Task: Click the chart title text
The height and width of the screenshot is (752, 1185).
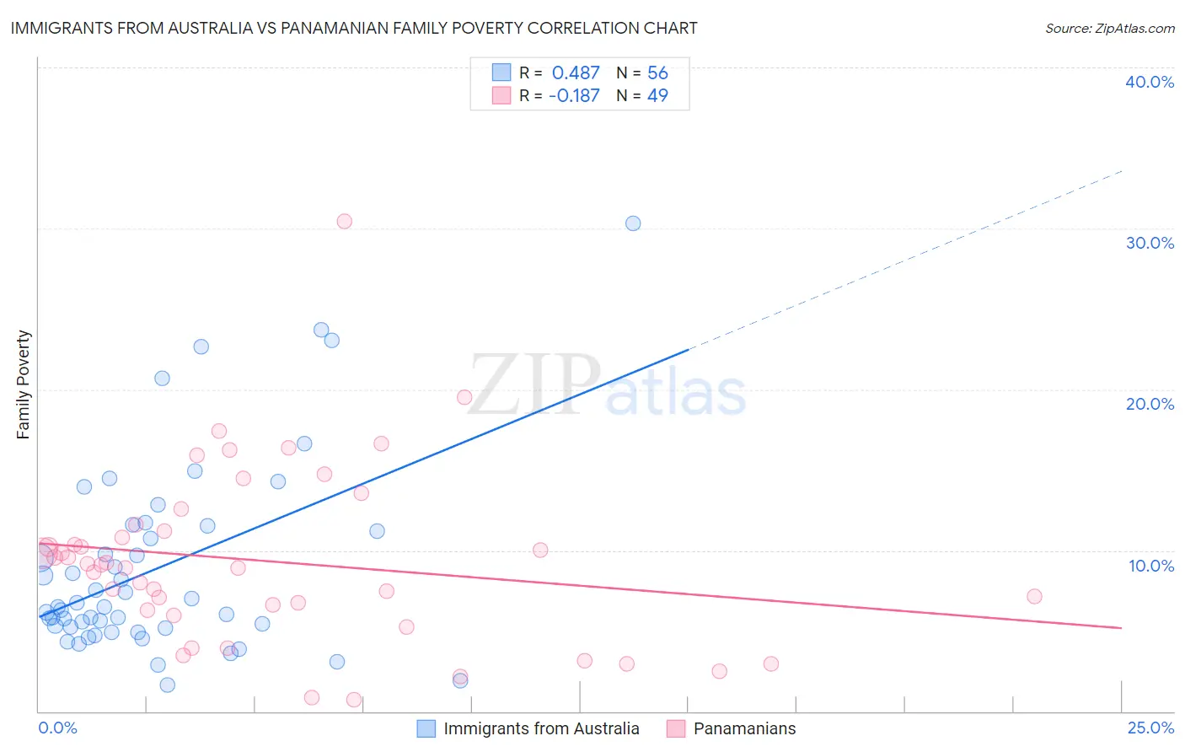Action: click(354, 28)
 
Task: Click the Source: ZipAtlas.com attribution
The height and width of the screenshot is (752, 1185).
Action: click(1109, 28)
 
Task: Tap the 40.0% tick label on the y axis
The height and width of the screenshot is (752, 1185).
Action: click(1150, 82)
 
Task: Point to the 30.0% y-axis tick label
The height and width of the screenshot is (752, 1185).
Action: click(1150, 243)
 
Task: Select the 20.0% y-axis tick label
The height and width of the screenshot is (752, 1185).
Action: click(1150, 404)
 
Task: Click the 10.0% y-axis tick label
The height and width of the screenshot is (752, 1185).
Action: click(1151, 566)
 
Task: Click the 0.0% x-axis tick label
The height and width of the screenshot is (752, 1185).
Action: click(57, 728)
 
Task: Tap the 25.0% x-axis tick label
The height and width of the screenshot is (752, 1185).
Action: click(1150, 728)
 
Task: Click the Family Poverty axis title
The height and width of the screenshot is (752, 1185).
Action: click(24, 384)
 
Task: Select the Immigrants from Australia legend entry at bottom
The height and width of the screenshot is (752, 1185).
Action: click(541, 728)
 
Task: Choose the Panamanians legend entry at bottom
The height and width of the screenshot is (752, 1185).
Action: click(744, 728)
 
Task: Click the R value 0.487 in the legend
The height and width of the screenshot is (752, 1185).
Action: click(576, 73)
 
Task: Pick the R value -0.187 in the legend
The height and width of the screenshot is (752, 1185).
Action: click(574, 96)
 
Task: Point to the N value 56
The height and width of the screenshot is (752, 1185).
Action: click(657, 73)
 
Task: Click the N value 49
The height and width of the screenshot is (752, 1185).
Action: click(657, 96)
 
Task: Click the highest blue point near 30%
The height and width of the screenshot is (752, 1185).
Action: click(633, 223)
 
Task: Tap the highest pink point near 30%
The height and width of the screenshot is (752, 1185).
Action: click(344, 222)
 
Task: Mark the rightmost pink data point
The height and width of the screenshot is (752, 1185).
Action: click(1034, 596)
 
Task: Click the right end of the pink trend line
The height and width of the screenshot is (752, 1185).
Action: click(1120, 627)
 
